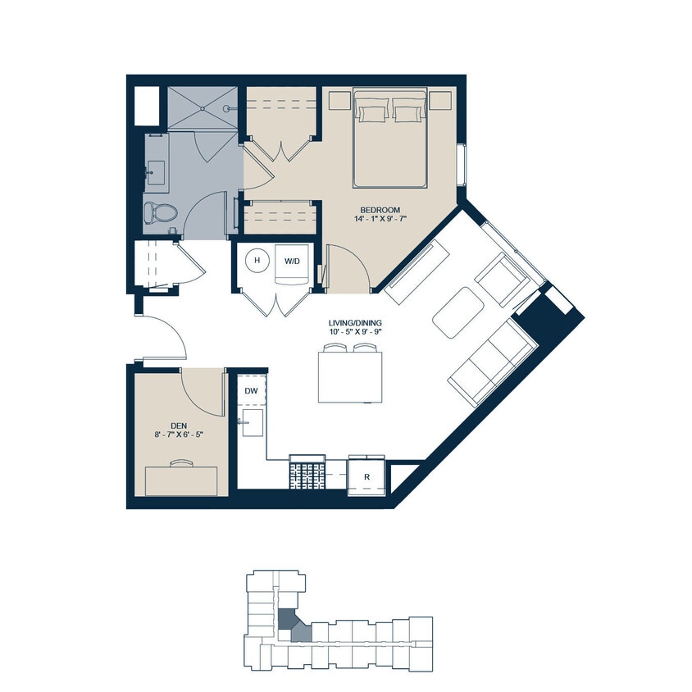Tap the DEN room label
coord(179,425)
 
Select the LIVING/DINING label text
coord(353,322)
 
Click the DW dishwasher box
coord(251,390)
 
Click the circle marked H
coord(257,261)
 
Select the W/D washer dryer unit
coord(292,262)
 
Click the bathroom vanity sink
coord(156,172)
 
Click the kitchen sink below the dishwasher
coord(253,426)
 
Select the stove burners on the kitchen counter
coord(306,474)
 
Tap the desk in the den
coord(182,480)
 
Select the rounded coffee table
coord(458,312)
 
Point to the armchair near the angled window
coord(500,279)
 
